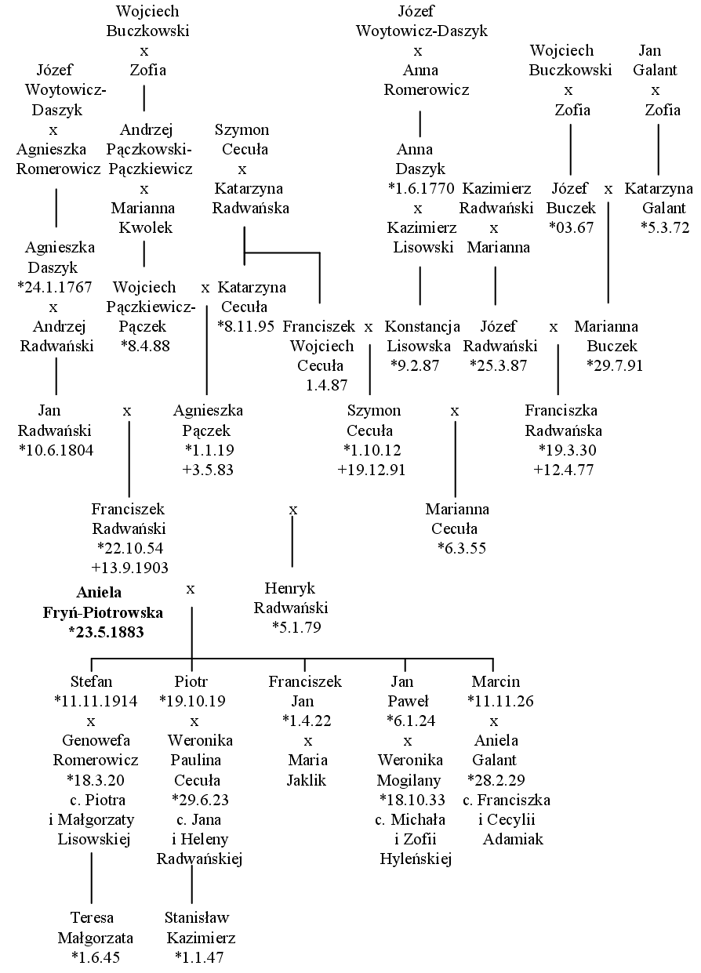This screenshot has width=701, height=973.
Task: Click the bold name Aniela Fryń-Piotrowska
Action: [103, 602]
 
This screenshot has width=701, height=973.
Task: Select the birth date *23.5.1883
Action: [106, 632]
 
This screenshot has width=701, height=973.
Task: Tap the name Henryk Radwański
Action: [291, 597]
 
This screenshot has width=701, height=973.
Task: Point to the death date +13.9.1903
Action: [129, 568]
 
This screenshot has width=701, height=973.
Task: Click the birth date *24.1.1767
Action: [54, 287]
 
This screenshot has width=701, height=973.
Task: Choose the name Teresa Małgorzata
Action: [95, 928]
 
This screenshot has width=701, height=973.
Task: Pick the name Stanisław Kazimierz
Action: [200, 928]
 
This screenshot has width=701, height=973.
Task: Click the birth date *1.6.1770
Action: [421, 188]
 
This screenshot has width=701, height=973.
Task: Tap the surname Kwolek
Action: [146, 227]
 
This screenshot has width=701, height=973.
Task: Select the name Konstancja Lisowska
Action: [421, 336]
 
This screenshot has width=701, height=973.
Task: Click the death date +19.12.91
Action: [372, 470]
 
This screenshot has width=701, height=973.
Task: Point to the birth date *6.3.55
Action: [462, 548]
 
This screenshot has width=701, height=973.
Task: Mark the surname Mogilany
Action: [409, 780]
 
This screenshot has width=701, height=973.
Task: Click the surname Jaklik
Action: [307, 780]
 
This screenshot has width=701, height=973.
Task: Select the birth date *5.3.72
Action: [665, 227]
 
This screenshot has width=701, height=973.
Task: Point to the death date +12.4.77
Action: [563, 470]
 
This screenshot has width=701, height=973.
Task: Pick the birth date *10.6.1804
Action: [56, 450]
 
